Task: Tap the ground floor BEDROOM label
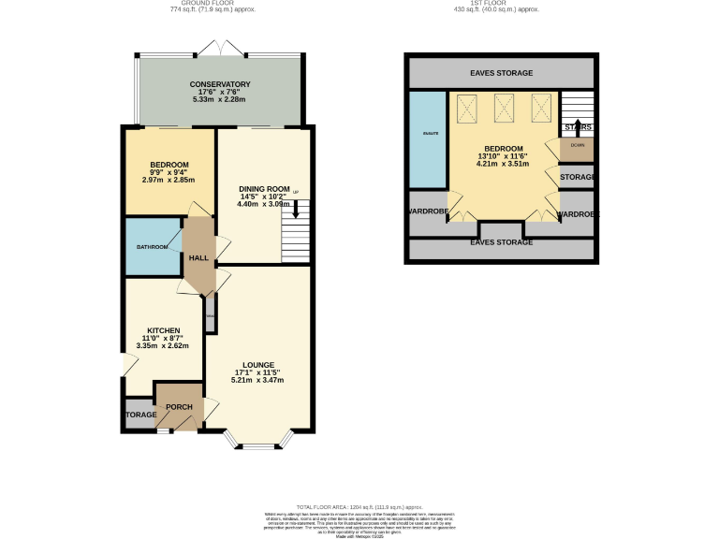click(x=170, y=165)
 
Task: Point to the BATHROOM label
click(x=153, y=247)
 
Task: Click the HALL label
click(x=198, y=258)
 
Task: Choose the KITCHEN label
click(x=165, y=330)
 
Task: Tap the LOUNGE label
click(x=257, y=365)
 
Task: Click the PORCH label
click(x=179, y=407)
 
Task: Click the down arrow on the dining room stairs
click(x=297, y=213)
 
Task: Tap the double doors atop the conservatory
click(x=218, y=47)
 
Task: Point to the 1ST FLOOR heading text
click(x=501, y=4)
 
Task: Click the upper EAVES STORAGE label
click(x=502, y=73)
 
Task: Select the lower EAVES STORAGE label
click(x=502, y=242)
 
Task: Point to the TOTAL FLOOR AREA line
click(x=359, y=506)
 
